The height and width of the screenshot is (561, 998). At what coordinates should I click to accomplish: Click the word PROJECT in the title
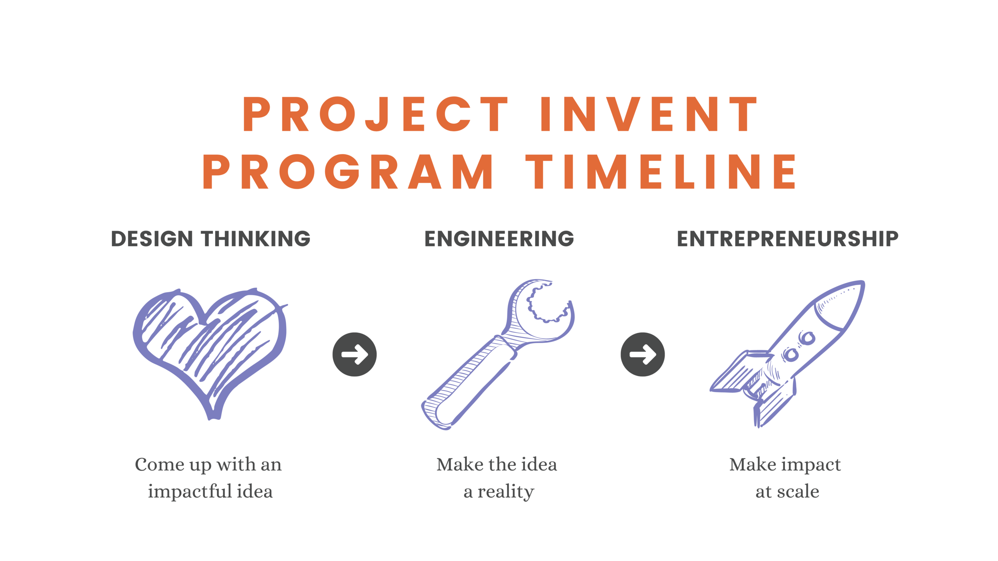[375, 114]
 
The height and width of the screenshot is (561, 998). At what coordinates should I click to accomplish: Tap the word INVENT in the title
[648, 114]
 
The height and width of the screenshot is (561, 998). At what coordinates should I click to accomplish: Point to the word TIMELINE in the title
[661, 172]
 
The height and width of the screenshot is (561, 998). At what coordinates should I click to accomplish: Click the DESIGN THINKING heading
[210, 239]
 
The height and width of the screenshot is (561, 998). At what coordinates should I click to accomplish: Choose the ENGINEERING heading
[499, 239]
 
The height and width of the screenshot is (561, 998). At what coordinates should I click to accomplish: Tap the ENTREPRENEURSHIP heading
[787, 239]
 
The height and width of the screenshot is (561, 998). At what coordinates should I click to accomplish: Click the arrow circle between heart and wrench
[354, 354]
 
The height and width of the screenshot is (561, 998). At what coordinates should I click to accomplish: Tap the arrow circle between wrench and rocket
[643, 354]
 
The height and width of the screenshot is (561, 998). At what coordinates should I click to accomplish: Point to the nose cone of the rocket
[842, 303]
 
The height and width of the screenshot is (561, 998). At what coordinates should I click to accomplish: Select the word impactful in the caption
[190, 492]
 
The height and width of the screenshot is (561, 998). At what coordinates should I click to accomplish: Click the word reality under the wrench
[506, 492]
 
